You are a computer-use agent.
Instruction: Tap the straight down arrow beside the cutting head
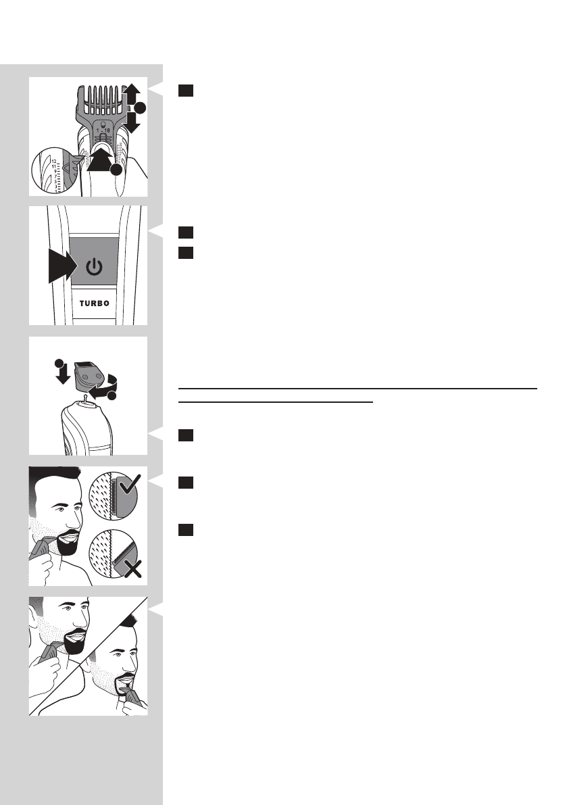tap(61, 372)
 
